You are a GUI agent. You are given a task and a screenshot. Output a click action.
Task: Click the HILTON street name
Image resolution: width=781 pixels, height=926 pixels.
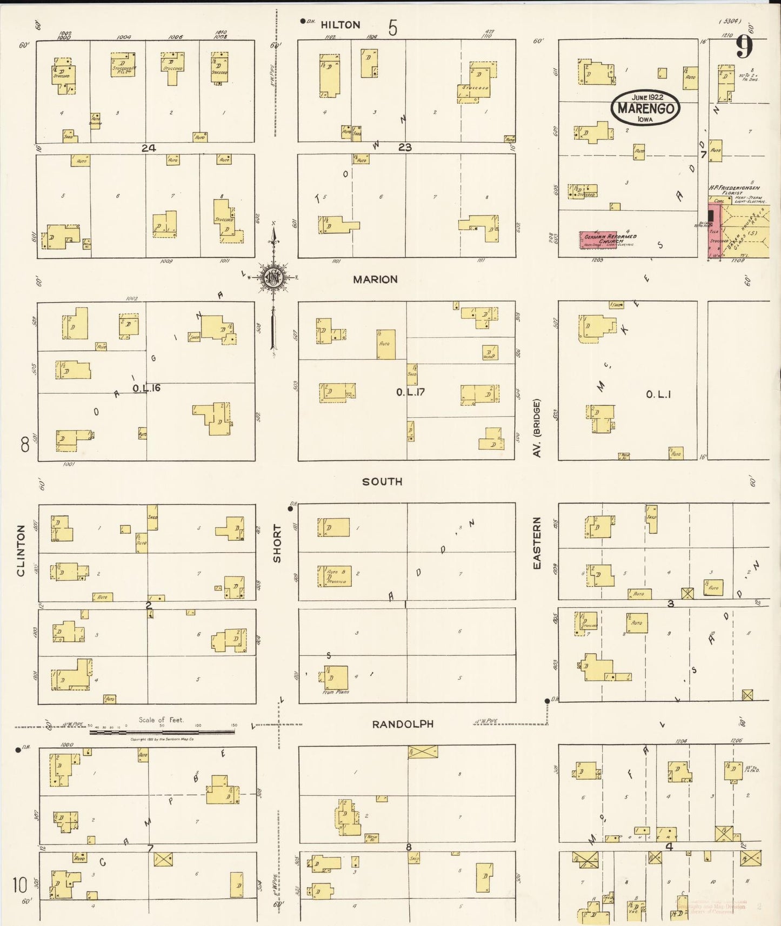click(x=340, y=25)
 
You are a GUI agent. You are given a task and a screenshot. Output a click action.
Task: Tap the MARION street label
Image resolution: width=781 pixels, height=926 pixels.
click(x=375, y=279)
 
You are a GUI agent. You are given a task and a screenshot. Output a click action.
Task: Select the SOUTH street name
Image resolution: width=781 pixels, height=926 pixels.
click(x=382, y=481)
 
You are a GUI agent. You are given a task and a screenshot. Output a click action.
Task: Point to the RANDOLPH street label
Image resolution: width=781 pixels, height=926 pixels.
click(x=403, y=724)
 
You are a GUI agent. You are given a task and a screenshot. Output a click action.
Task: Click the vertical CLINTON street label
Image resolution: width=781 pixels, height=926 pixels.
click(x=21, y=551)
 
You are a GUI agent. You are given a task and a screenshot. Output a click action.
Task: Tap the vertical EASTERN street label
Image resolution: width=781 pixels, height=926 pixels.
click(x=537, y=542)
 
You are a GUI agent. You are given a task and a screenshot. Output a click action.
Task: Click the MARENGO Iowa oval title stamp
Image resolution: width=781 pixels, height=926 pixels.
click(x=645, y=108)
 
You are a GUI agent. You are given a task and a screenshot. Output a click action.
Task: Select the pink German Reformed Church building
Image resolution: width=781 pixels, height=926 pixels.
click(x=598, y=240)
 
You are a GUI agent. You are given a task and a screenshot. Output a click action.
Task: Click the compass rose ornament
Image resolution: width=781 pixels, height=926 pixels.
click(x=273, y=278)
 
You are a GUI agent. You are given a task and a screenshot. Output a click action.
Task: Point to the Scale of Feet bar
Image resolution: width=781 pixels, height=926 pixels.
click(x=162, y=732)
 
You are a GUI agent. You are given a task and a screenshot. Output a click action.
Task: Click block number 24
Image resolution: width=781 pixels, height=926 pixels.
click(x=149, y=148)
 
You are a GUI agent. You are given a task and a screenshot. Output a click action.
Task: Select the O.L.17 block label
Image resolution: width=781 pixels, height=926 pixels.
click(x=410, y=392)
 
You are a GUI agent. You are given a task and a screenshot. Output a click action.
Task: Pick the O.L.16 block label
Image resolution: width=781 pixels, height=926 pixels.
click(x=146, y=388)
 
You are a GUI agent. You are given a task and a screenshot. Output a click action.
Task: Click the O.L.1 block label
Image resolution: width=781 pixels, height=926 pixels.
click(x=658, y=395)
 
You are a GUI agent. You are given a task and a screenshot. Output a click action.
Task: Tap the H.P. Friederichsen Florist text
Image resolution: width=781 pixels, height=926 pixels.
click(x=734, y=190)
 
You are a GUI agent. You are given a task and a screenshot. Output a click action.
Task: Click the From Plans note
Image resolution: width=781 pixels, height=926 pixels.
click(x=336, y=692)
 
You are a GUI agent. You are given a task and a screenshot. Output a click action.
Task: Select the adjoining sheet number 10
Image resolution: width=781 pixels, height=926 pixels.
click(x=20, y=885)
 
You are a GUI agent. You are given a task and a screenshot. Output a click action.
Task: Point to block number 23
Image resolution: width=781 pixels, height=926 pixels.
click(x=405, y=147)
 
